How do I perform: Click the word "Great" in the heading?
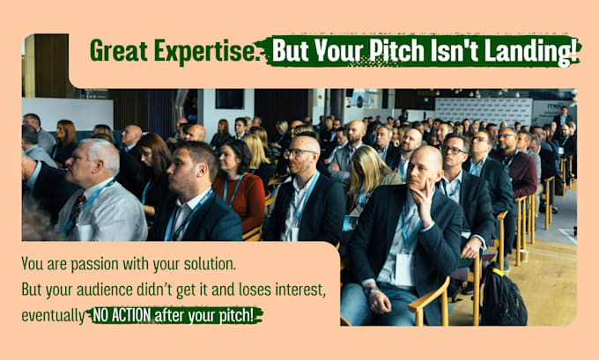pyautogui.click(x=119, y=51)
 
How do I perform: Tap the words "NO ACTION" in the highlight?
pyautogui.click(x=122, y=315)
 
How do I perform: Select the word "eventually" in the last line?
pyautogui.click(x=53, y=316)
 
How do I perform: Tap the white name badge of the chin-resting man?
pyautogui.click(x=404, y=270)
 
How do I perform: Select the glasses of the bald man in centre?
pyautogui.click(x=299, y=152)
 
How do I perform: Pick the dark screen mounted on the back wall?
pyautogui.click(x=230, y=99)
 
